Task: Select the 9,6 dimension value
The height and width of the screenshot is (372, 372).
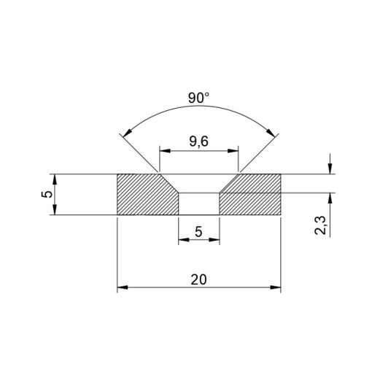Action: (198, 142)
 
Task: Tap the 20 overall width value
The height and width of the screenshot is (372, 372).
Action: (198, 279)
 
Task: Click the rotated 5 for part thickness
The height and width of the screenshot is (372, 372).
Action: (45, 195)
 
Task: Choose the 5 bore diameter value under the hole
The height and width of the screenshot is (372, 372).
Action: (198, 233)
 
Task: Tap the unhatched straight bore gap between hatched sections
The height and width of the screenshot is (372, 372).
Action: (198, 204)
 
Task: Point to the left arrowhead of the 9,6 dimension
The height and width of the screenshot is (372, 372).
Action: (163, 151)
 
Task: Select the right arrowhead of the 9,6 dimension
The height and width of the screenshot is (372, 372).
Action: (235, 151)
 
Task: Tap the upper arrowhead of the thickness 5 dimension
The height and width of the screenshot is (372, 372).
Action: (55, 179)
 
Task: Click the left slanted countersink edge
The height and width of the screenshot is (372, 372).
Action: (168, 184)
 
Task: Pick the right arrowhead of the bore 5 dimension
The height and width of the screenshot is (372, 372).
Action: (215, 242)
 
